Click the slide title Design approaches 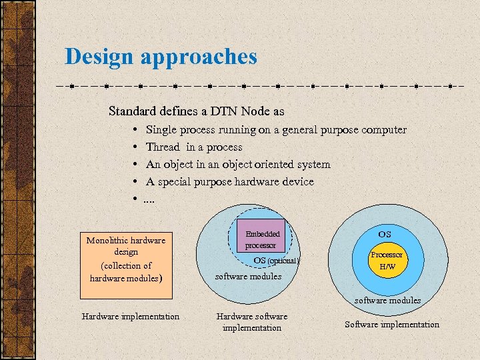tap(161, 56)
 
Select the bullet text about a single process tap(275, 130)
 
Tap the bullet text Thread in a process tap(194, 147)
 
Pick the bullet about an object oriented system tap(238, 164)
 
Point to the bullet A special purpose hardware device tap(229, 181)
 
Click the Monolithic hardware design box tap(126, 258)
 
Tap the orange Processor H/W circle tap(387, 261)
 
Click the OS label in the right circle tap(385, 235)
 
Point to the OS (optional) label tap(277, 260)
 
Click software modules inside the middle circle tap(248, 276)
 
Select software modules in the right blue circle tap(387, 300)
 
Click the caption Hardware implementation tap(130, 317)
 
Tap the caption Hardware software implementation tap(252, 322)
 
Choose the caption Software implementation tap(391, 325)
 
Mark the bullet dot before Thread tap(135, 147)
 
